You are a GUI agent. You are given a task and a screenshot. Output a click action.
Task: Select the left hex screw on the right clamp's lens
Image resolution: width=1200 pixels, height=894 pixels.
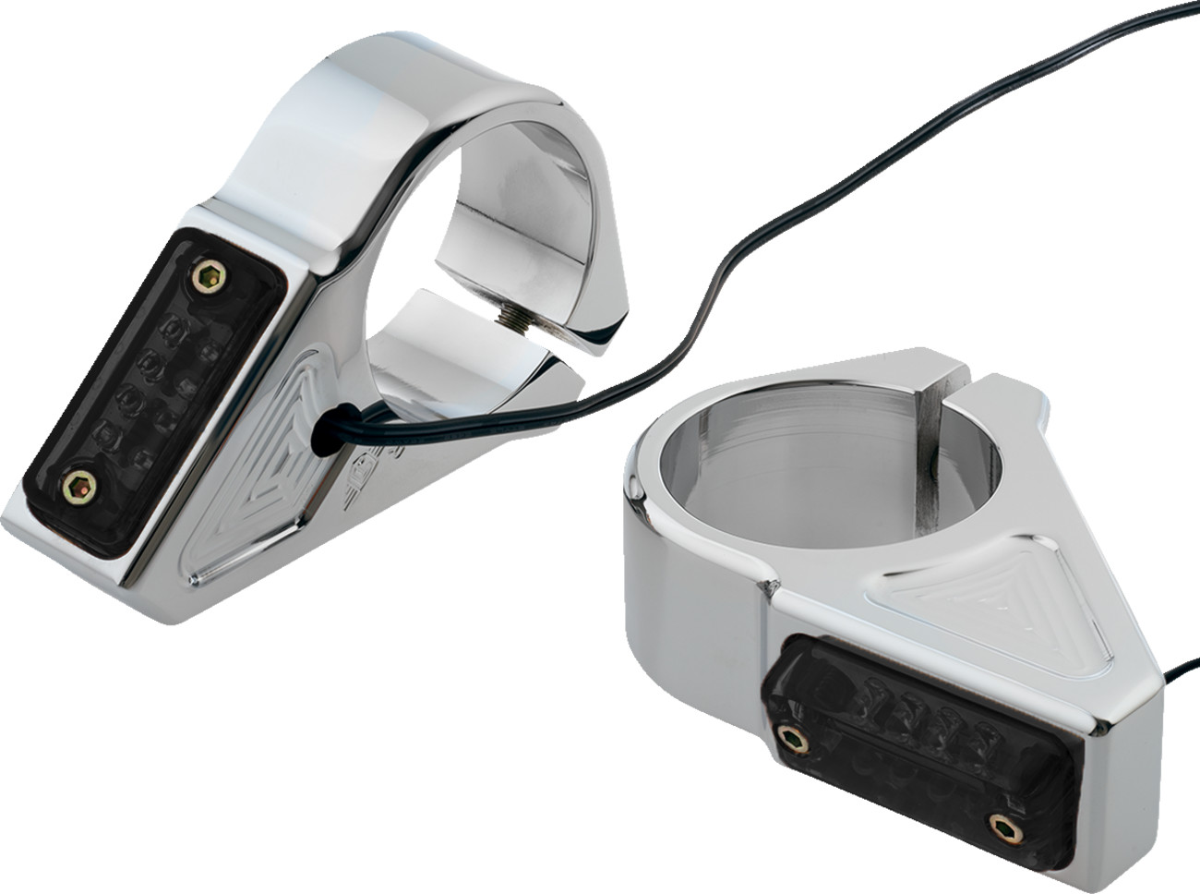(x=789, y=736)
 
